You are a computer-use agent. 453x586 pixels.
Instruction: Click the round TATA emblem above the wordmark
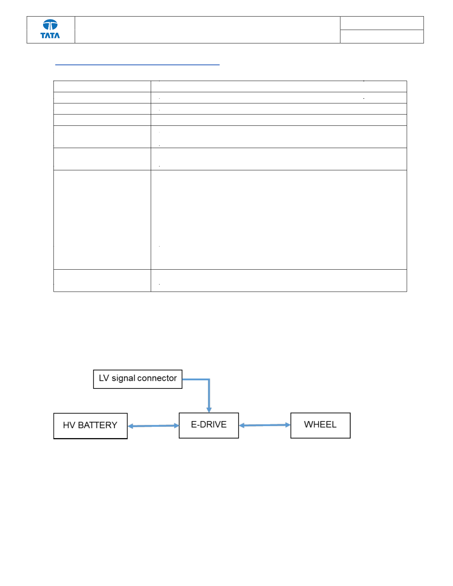click(50, 25)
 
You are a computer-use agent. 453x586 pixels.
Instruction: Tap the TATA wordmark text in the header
click(50, 35)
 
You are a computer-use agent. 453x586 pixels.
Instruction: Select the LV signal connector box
click(138, 379)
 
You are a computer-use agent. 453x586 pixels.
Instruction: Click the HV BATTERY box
click(91, 426)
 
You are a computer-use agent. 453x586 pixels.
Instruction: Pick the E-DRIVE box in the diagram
click(209, 425)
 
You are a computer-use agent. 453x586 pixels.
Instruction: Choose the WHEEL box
click(320, 425)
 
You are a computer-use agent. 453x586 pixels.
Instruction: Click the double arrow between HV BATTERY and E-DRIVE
click(153, 426)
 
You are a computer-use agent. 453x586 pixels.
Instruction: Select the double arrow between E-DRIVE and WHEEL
click(265, 425)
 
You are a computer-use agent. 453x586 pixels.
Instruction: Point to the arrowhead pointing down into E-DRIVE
click(209, 410)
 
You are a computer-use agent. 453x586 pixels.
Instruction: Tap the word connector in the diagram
click(157, 378)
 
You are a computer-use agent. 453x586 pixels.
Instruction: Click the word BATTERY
click(98, 425)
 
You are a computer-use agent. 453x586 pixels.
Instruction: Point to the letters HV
click(69, 425)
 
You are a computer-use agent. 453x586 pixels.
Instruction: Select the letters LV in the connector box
click(104, 378)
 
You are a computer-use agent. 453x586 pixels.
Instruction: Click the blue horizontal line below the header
click(137, 65)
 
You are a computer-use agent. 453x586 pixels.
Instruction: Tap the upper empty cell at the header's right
click(382, 23)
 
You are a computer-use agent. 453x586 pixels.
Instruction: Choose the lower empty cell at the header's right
click(382, 36)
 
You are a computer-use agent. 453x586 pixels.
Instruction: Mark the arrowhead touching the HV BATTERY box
click(130, 426)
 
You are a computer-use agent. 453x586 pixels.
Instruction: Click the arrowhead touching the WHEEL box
click(288, 425)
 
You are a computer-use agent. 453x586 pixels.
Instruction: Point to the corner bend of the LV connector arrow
click(209, 379)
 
